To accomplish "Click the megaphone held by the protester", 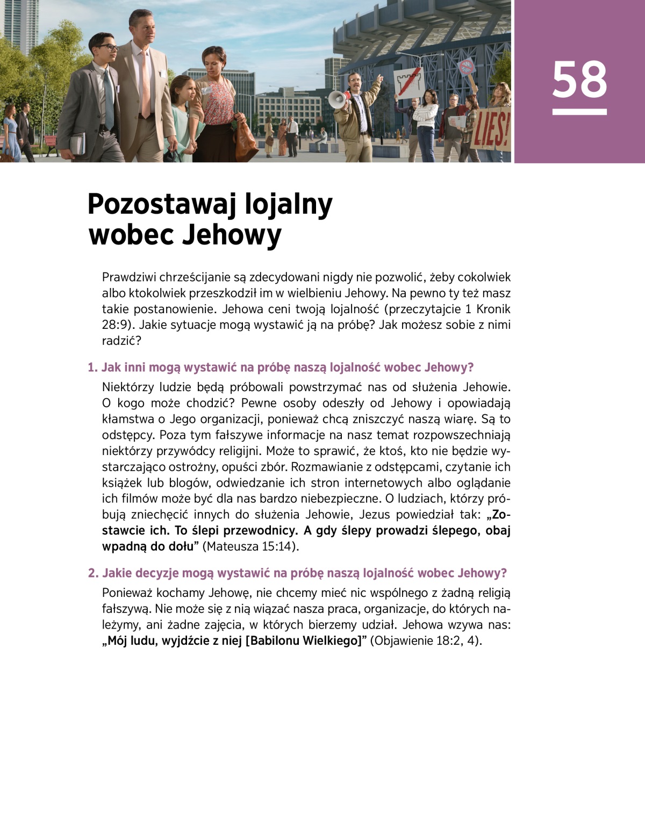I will [338, 99].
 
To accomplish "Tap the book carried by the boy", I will [78, 143].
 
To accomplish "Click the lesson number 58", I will [579, 80].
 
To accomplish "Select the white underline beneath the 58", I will [579, 112].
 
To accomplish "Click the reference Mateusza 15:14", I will [250, 546].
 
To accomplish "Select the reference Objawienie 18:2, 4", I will [426, 640].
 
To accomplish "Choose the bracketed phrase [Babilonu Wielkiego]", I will [303, 640].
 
